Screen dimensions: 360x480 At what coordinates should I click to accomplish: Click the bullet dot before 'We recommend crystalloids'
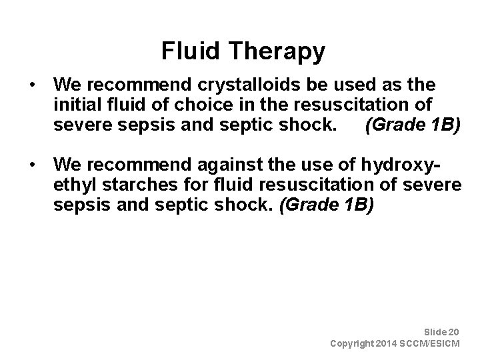click(32, 85)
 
